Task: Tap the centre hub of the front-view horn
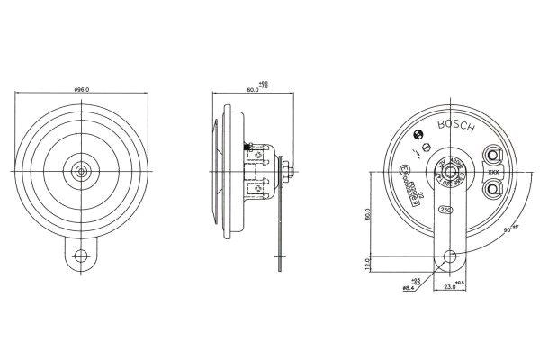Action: click(x=82, y=169)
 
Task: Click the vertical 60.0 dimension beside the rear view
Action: click(x=368, y=215)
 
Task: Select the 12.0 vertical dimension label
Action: click(x=368, y=265)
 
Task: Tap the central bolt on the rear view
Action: click(x=445, y=168)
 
